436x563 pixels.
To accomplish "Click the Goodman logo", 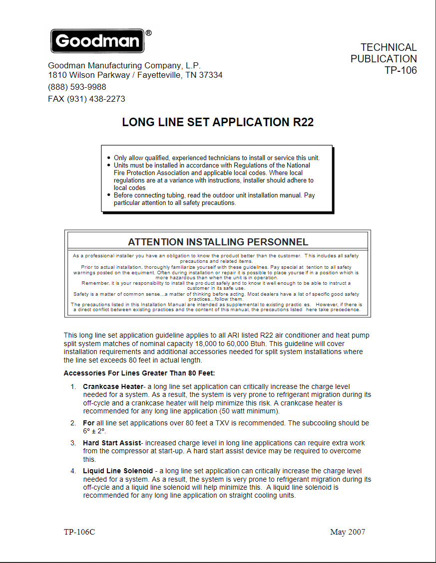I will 97,41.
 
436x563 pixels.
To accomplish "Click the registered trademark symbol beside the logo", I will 148,33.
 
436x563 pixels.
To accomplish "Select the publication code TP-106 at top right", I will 401,70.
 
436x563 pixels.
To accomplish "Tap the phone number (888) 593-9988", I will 77,87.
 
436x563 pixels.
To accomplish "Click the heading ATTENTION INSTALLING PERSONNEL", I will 218,242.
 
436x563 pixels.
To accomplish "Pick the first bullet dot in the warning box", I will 109,158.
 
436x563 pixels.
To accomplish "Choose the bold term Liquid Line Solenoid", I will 118,471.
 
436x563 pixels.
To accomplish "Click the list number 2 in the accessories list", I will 72,423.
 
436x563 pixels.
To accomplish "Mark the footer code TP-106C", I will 79,532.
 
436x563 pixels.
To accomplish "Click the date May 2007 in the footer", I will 348,532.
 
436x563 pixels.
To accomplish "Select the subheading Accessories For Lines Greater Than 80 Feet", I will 139,373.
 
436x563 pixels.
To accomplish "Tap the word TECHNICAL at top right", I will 389,47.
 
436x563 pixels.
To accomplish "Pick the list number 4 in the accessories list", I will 72,471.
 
